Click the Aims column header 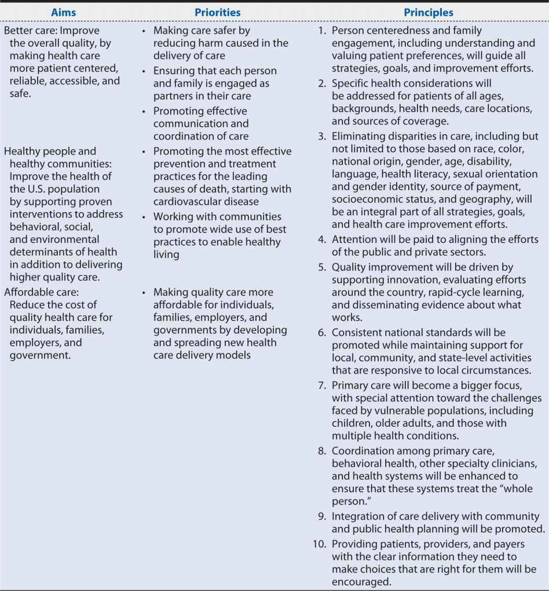(64, 12)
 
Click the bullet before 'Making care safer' (143, 31)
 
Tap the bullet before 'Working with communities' (143, 217)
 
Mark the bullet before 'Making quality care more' (143, 293)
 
